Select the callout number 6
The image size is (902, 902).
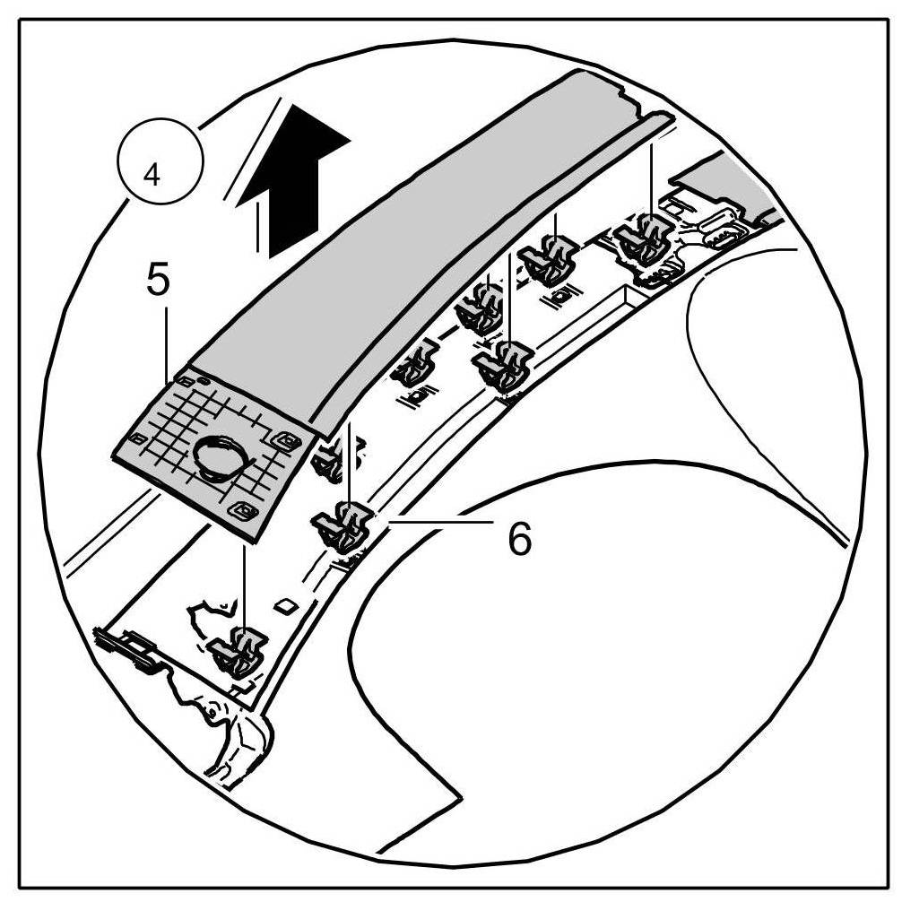click(x=517, y=539)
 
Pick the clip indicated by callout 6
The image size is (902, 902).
click(x=344, y=526)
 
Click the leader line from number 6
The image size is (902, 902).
click(x=439, y=519)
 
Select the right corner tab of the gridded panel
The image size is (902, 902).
click(x=288, y=439)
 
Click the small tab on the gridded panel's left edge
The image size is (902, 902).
click(x=138, y=437)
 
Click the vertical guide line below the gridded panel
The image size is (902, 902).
click(x=244, y=583)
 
